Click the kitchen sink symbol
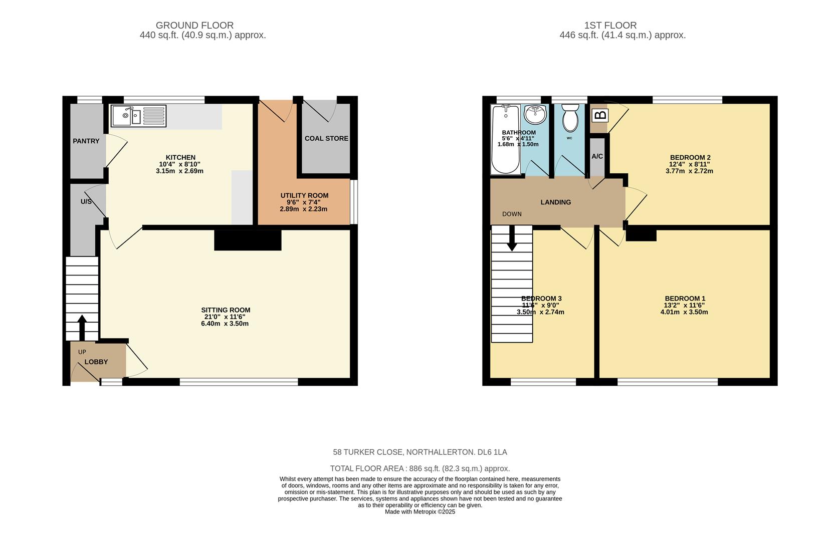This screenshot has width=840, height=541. click(138, 116)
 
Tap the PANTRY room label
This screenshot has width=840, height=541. click(86, 141)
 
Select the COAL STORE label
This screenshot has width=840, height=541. click(326, 138)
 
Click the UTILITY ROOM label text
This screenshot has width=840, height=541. click(304, 195)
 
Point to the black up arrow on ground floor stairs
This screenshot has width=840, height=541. click(82, 327)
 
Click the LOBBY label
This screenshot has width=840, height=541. click(96, 362)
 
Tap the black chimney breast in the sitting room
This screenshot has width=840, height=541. click(248, 240)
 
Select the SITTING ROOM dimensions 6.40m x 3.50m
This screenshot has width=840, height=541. click(226, 324)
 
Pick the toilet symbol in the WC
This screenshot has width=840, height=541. click(570, 118)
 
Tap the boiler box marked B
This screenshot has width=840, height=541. click(600, 115)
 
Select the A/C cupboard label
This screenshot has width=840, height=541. click(597, 156)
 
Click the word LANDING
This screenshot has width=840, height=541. click(555, 202)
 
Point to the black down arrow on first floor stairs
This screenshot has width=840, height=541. click(512, 239)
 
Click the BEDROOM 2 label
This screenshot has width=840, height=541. click(690, 157)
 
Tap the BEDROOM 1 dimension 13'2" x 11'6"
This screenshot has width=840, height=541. click(684, 305)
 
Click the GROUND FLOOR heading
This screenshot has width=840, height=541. click(194, 25)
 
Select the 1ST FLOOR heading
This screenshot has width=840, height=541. click(610, 25)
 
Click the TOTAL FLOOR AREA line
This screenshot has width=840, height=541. click(419, 469)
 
